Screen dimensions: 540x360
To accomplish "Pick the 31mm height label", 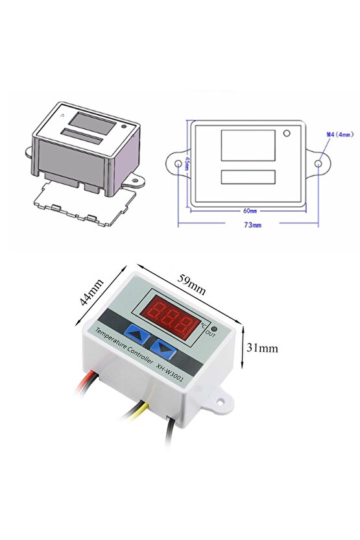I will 263,348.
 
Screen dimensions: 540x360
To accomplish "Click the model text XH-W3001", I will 174,373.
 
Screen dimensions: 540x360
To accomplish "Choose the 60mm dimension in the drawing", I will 247,211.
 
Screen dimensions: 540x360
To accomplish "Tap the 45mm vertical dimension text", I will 187,164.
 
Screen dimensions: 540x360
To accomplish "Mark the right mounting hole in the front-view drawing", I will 318,164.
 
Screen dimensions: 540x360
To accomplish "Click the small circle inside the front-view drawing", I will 286,134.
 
